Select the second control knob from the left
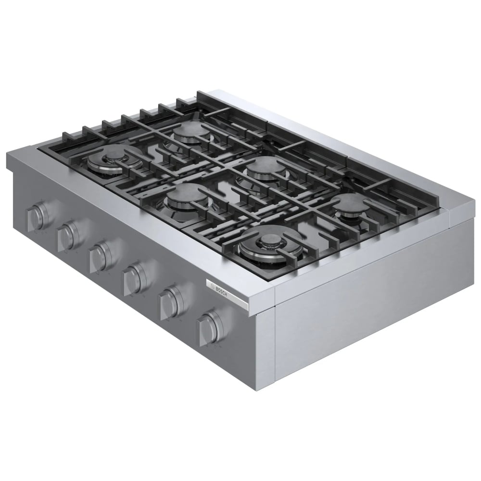(x=68, y=235)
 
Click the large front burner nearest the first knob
(x=111, y=160)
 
